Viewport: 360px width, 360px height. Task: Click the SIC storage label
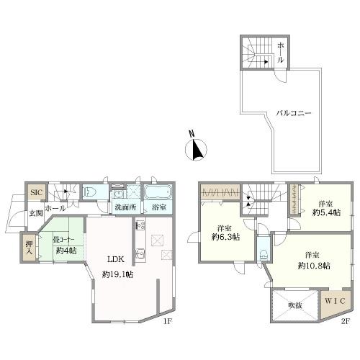tap(37, 192)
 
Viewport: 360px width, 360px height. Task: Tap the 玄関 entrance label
tap(36, 213)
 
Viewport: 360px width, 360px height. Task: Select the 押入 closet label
tap(30, 248)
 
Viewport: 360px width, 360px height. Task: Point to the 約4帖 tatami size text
tap(66, 251)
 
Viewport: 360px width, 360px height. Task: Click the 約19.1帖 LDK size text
tap(117, 274)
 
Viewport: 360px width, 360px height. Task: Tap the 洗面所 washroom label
tap(125, 207)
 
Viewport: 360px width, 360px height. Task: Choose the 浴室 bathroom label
tap(159, 207)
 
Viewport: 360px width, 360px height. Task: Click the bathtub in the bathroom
tap(158, 192)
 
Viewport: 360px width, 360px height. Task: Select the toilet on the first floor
tap(89, 192)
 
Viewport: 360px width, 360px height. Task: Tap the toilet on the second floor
tap(264, 254)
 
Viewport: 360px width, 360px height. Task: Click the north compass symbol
tap(196, 148)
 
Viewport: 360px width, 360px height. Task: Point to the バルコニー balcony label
tap(294, 113)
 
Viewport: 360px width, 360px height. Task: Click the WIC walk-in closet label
tap(335, 301)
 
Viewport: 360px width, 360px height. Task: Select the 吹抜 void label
tap(295, 305)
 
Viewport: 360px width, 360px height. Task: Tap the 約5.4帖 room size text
tap(326, 212)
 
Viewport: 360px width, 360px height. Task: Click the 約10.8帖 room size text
tap(314, 266)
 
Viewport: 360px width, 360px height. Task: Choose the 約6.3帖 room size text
tap(225, 237)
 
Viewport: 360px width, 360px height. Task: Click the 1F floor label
tap(168, 321)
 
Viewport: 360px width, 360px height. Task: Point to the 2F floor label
tap(346, 321)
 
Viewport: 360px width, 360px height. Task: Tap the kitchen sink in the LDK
tap(140, 253)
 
